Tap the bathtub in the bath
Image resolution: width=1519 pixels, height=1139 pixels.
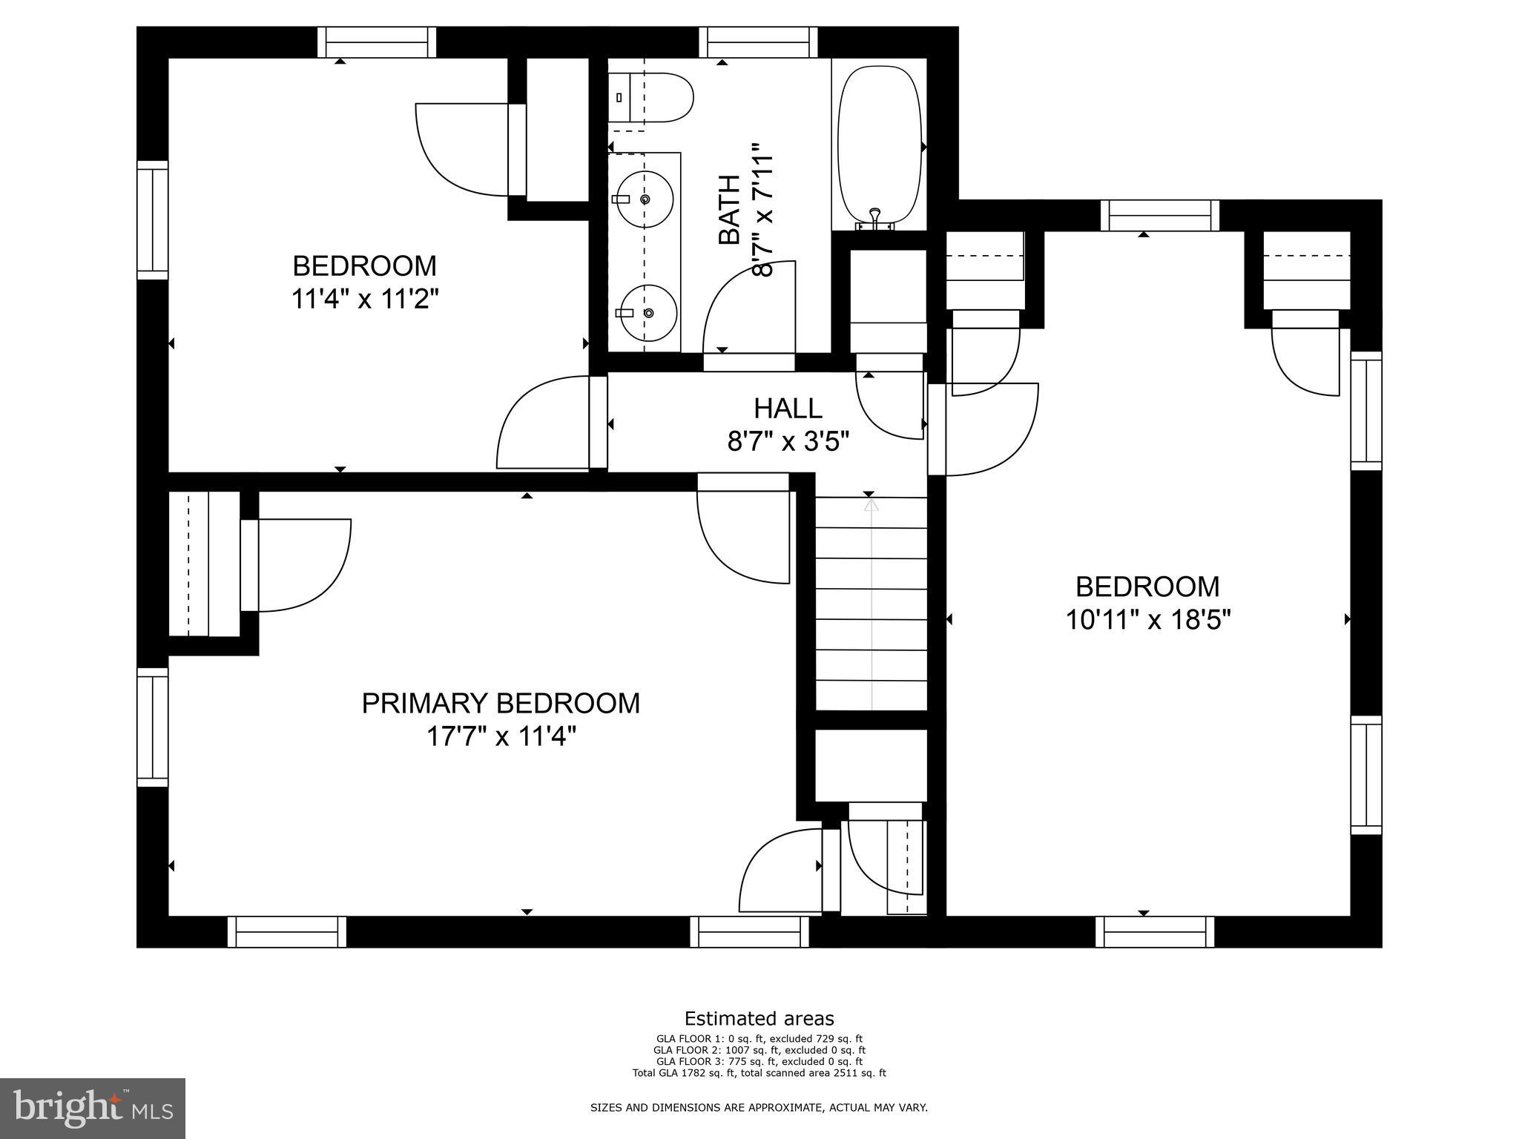(879, 145)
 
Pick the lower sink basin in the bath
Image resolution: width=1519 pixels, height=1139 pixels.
(648, 313)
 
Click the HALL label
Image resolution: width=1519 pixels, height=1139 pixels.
(788, 409)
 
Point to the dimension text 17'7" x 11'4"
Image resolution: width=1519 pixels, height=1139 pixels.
(501, 737)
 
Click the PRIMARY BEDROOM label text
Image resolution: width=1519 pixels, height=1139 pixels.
(501, 703)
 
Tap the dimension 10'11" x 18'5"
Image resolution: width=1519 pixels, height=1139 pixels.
(1147, 619)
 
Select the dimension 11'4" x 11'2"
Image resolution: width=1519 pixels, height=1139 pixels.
(364, 300)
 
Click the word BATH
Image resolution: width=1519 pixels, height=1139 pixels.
(730, 210)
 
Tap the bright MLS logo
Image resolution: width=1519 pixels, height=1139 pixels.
(93, 1109)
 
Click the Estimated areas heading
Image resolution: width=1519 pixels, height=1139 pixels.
(759, 1018)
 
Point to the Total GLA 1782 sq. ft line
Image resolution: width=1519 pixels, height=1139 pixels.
(759, 1073)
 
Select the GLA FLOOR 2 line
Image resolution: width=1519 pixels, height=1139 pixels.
(759, 1050)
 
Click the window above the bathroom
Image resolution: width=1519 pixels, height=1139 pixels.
(758, 42)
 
